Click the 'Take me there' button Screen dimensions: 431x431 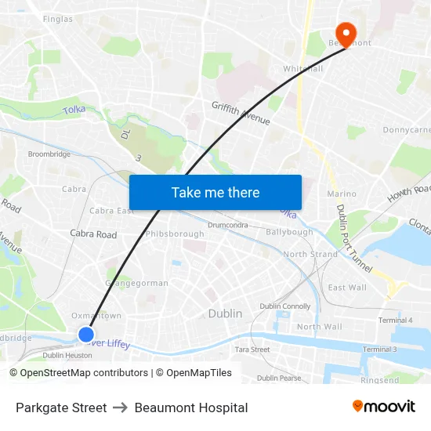click(x=215, y=193)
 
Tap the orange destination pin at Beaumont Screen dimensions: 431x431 click(x=344, y=32)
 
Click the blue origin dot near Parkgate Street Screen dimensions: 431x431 click(x=86, y=335)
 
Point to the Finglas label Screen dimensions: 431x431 click(x=58, y=19)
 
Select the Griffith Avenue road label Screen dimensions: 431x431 click(x=241, y=114)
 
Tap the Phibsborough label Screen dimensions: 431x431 click(x=175, y=234)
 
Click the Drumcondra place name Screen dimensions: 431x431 click(x=228, y=225)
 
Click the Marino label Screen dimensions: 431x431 click(x=342, y=194)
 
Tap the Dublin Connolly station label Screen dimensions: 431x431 click(x=285, y=306)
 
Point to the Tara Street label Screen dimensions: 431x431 click(x=252, y=350)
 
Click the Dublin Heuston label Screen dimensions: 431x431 click(x=67, y=355)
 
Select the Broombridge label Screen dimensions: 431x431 click(x=49, y=154)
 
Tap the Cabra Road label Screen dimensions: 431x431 click(x=93, y=234)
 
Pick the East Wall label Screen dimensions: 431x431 click(x=347, y=288)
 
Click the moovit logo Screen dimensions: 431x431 click(x=384, y=407)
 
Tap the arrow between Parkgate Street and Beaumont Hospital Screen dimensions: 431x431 click(x=121, y=407)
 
